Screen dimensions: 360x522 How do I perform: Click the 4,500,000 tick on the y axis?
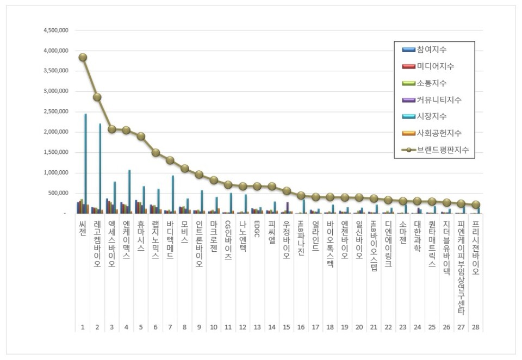(x=56, y=30)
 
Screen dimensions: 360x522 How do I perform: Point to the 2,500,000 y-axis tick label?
(x=56, y=111)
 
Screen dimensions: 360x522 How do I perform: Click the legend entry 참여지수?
(x=432, y=50)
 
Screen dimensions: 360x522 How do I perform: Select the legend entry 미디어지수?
(x=435, y=66)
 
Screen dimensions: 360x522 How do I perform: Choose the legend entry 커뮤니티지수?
(x=439, y=100)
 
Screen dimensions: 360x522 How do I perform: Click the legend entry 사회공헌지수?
(x=439, y=133)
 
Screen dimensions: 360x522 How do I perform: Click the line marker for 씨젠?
(x=83, y=57)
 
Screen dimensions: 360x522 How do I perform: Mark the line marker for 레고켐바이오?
(x=97, y=97)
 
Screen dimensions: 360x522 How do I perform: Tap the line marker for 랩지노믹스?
(x=156, y=153)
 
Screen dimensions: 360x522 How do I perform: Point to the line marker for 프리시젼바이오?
(x=476, y=205)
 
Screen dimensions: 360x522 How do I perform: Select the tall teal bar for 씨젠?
(x=85, y=163)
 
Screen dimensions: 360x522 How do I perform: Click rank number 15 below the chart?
(x=286, y=327)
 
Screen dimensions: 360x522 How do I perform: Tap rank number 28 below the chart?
(x=476, y=327)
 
